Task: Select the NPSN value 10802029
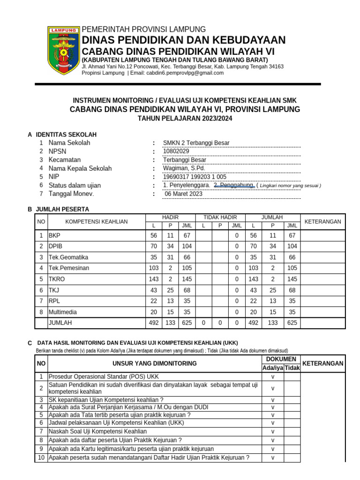coord(176,151)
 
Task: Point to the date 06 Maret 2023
coord(184,194)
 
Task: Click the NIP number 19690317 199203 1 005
coord(195,177)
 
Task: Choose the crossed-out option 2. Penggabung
coord(234,185)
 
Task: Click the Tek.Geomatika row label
coord(68,257)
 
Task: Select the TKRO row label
coord(57,279)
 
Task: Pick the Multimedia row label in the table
coord(63,312)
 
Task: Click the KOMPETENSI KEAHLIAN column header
coord(97,221)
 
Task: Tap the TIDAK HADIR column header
coord(220,217)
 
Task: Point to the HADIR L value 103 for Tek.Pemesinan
coord(153,268)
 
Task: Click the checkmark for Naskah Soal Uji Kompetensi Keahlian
coord(273,431)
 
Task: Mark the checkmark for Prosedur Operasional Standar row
coord(273,376)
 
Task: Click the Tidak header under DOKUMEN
coord(292,368)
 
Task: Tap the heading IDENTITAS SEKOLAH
coord(66,135)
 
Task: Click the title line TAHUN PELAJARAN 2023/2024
coord(185,119)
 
